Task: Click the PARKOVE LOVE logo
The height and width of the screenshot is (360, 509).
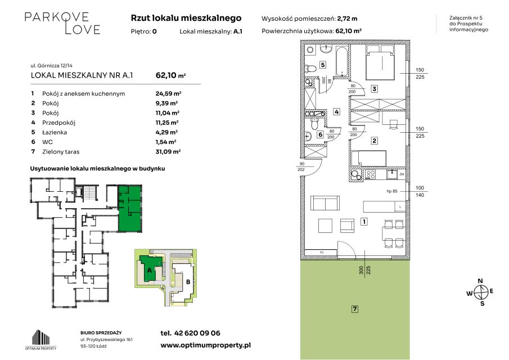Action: pos(62,23)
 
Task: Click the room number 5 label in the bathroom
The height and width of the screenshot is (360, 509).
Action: pos(323,65)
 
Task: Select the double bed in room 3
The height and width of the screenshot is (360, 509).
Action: pos(380,62)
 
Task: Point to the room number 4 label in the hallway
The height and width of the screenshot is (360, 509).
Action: pos(337,112)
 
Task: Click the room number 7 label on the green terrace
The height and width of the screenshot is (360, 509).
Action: pos(355,309)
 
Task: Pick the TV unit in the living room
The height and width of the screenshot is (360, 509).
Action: pos(321,252)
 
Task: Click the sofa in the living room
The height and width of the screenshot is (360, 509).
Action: pos(325,203)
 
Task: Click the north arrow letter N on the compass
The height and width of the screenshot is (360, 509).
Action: pos(480,281)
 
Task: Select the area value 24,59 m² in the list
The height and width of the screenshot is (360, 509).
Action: pos(168,94)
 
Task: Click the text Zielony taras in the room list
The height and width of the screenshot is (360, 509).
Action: pos(61,152)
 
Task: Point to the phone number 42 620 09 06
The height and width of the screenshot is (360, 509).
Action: pos(197,333)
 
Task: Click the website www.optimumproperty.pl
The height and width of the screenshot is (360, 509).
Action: pos(206,345)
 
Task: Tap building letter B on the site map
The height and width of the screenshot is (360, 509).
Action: pos(188,282)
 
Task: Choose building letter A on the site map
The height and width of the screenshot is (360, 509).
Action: pos(150,270)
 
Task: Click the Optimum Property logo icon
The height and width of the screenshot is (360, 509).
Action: pos(41,337)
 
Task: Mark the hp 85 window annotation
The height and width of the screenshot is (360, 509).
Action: pos(392,191)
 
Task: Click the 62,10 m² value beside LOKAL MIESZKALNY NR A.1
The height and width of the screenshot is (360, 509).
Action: pos(171,75)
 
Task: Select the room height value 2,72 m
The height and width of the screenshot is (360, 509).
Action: pos(348,19)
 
